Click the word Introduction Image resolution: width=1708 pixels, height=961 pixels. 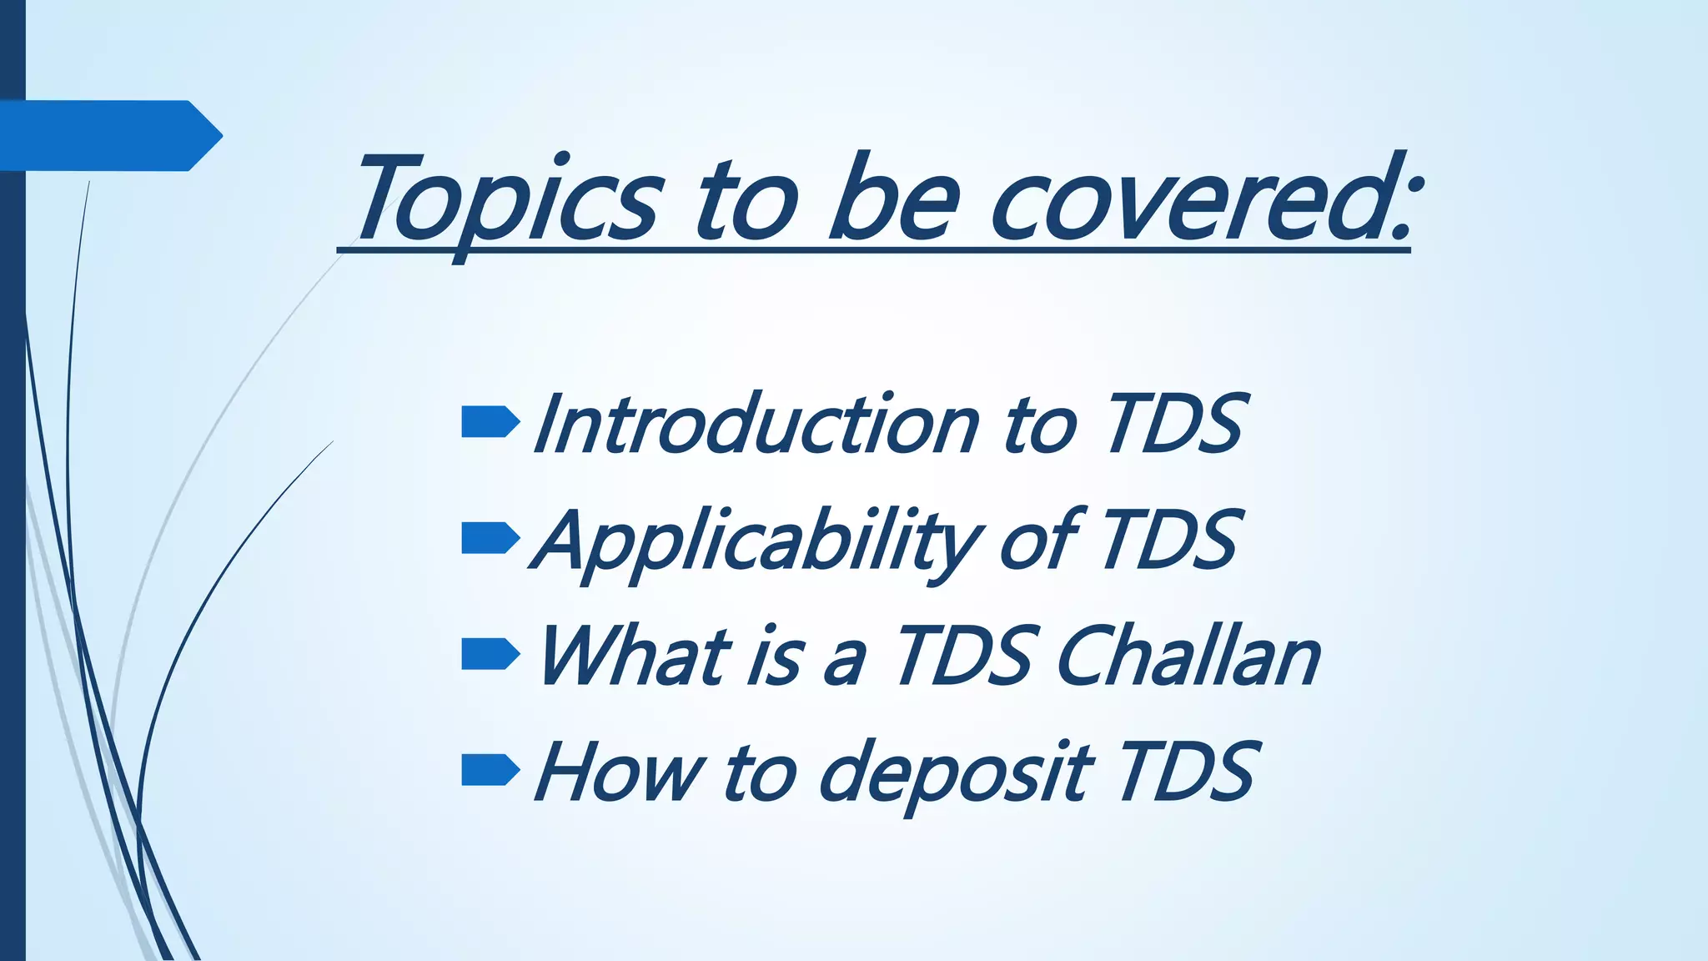coord(755,425)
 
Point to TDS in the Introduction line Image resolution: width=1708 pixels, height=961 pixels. coord(1176,425)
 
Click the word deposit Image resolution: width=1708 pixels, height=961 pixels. coord(955,774)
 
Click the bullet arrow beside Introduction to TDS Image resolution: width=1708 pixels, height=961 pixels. coord(490,423)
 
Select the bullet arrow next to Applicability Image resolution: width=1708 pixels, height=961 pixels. coord(490,539)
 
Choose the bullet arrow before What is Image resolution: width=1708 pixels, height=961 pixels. coord(490,655)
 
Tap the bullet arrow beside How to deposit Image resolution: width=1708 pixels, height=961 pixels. coord(490,771)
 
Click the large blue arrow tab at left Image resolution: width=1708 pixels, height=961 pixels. coord(108,135)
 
